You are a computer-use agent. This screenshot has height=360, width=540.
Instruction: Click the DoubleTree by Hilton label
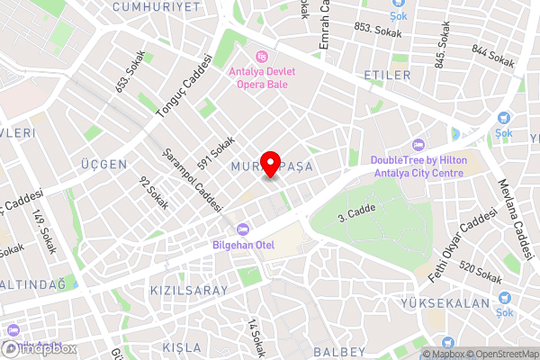(x=418, y=166)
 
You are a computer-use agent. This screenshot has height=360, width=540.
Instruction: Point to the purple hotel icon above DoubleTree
(x=418, y=144)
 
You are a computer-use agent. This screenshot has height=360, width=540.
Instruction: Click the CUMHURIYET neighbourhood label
(x=157, y=6)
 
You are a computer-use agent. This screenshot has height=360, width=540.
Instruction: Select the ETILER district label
(x=386, y=74)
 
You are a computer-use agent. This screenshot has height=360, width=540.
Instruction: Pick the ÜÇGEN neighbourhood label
(x=103, y=165)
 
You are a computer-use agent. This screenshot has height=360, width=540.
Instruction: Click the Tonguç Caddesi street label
(x=186, y=86)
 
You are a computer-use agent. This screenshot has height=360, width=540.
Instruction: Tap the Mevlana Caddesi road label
(x=516, y=216)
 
